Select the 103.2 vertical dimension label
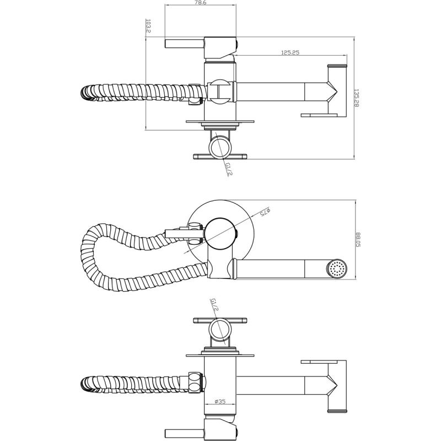(x=148, y=26)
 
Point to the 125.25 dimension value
(x=289, y=52)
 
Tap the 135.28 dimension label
(x=357, y=98)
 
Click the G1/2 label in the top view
(x=228, y=168)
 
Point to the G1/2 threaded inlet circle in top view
(x=221, y=147)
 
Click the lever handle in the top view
(x=185, y=44)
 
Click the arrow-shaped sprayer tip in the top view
(x=332, y=90)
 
